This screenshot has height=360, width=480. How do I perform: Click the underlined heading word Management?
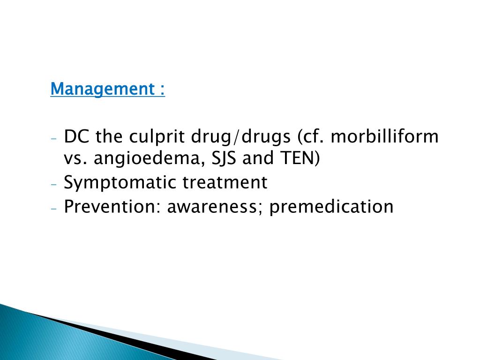pos(100,89)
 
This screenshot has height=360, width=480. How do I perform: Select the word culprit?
pos(157,137)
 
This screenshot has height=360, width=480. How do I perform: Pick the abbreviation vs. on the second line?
pos(76,159)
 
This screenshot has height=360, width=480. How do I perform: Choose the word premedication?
pos(331,206)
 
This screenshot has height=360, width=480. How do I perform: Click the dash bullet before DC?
pos(54,139)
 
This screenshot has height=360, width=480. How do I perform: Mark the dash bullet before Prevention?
pos(54,208)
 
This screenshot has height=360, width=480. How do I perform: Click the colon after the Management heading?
pos(162,89)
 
